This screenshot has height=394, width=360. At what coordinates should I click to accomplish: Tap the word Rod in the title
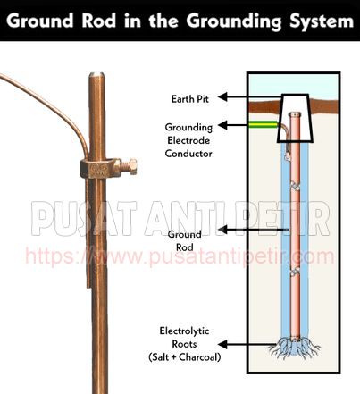99,21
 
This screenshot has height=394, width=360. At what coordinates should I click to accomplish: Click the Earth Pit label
190,99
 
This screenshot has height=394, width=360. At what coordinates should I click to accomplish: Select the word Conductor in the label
188,154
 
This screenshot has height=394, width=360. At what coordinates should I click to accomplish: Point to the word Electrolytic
184,331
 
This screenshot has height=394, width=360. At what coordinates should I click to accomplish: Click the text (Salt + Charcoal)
185,356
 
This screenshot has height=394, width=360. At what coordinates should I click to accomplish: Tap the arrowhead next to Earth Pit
222,97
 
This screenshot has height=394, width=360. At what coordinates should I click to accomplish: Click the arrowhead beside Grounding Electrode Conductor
222,125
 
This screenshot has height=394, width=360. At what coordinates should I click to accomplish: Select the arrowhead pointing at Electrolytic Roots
222,344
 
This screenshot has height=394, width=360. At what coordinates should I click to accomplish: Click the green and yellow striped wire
263,125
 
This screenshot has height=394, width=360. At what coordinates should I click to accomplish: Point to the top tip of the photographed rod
96,73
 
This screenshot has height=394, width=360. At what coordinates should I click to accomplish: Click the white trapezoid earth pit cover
295,119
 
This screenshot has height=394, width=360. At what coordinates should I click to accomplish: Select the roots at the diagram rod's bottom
294,348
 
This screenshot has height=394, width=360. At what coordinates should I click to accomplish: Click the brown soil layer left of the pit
264,107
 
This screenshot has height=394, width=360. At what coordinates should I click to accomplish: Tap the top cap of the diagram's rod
295,114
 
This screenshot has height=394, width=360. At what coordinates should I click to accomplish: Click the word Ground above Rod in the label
184,235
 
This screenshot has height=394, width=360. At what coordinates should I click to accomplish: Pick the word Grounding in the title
234,21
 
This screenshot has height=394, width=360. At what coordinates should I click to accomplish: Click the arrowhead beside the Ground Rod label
222,230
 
